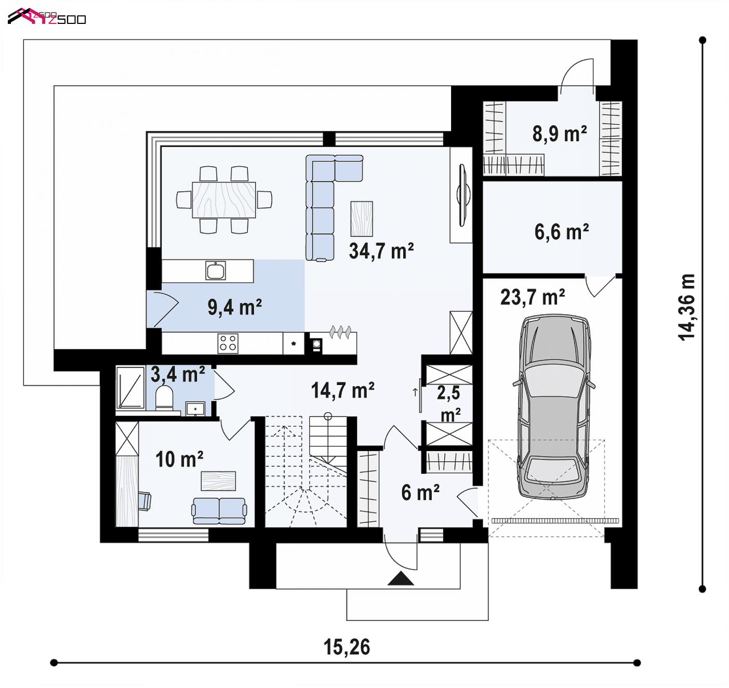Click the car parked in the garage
point(554,407)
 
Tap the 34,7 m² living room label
point(381,251)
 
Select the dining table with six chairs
point(224,200)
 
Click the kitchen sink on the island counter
point(216,271)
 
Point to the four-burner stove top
point(228,343)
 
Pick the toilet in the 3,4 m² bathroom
point(164,398)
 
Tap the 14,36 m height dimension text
point(686,307)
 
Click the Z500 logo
point(47,17)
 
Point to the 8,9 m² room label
point(560,134)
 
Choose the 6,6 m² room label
point(562,232)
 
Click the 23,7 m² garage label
point(533,297)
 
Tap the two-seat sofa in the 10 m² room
point(219,511)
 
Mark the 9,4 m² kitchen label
point(234,307)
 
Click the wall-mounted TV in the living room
point(463,195)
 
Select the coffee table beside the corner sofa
point(362,218)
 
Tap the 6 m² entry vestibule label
point(420,493)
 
